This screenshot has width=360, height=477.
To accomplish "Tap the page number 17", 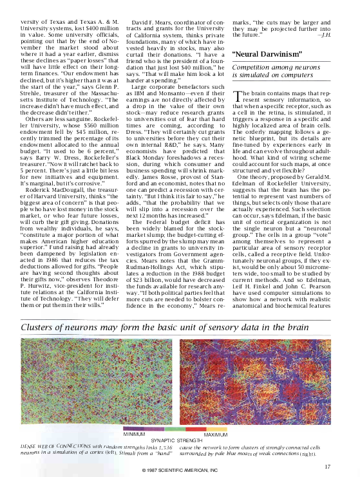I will click(x=328, y=467).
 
